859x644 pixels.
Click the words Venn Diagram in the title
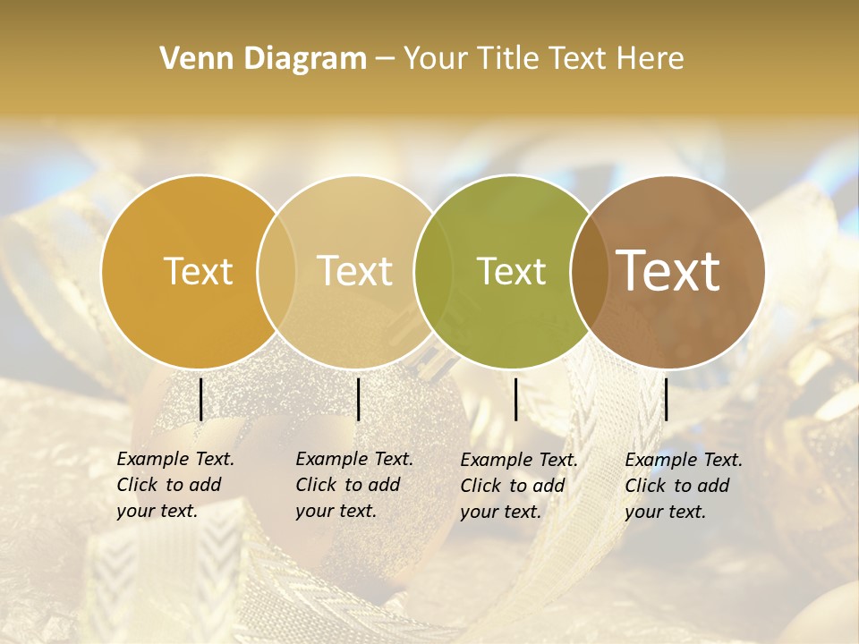[x=263, y=59]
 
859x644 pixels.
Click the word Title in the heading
[x=509, y=59]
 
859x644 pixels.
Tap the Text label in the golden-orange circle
[x=199, y=271]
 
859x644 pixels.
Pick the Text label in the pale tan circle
[x=355, y=271]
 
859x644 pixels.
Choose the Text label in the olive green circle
[x=512, y=271]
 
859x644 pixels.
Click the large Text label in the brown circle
[x=668, y=271]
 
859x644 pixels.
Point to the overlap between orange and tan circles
[x=276, y=271]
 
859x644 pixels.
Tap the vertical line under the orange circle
[x=200, y=399]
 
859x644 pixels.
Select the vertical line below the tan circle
[x=358, y=399]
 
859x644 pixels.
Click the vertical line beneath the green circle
[x=515, y=399]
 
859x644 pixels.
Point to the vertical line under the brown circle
[x=666, y=399]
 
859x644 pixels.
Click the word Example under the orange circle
[x=152, y=460]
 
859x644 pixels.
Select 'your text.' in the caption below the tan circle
[x=336, y=512]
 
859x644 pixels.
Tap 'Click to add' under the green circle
[x=513, y=486]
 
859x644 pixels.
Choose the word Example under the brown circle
[x=660, y=461]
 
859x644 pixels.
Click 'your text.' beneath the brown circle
[x=665, y=513]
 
